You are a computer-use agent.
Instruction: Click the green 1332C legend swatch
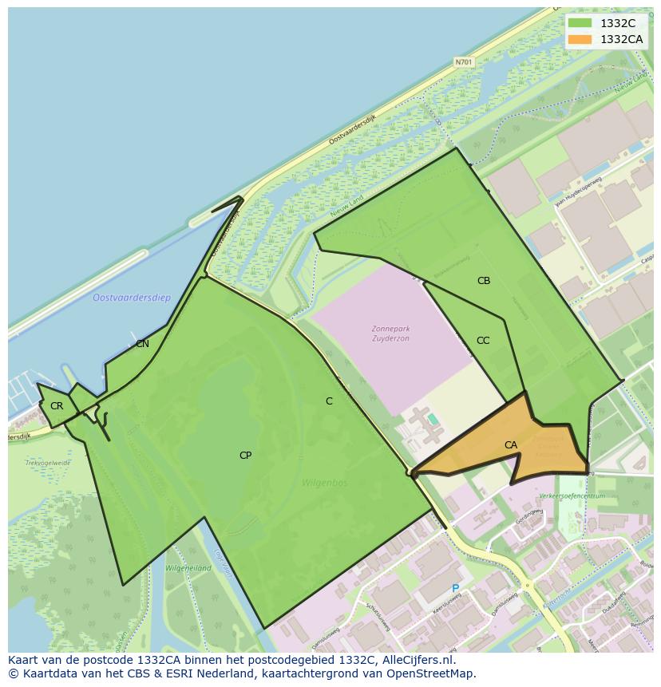coord(580,23)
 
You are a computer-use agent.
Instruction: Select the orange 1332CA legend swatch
coord(580,39)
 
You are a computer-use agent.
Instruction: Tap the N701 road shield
coord(463,61)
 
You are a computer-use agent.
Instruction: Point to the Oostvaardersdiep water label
coord(132,298)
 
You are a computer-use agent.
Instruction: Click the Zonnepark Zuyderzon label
coord(390,334)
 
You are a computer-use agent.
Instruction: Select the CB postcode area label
coord(484,281)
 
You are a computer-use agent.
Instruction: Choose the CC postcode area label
coord(483,341)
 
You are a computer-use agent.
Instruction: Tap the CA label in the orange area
coord(511,445)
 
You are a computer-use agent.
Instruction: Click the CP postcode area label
coord(246,456)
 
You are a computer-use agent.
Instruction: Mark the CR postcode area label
coord(57,406)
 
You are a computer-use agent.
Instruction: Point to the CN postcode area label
coord(142,344)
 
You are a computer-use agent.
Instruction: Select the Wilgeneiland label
coord(188,568)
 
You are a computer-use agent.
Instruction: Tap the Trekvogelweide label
coord(48,463)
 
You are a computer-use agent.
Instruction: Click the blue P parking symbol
coord(456,589)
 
